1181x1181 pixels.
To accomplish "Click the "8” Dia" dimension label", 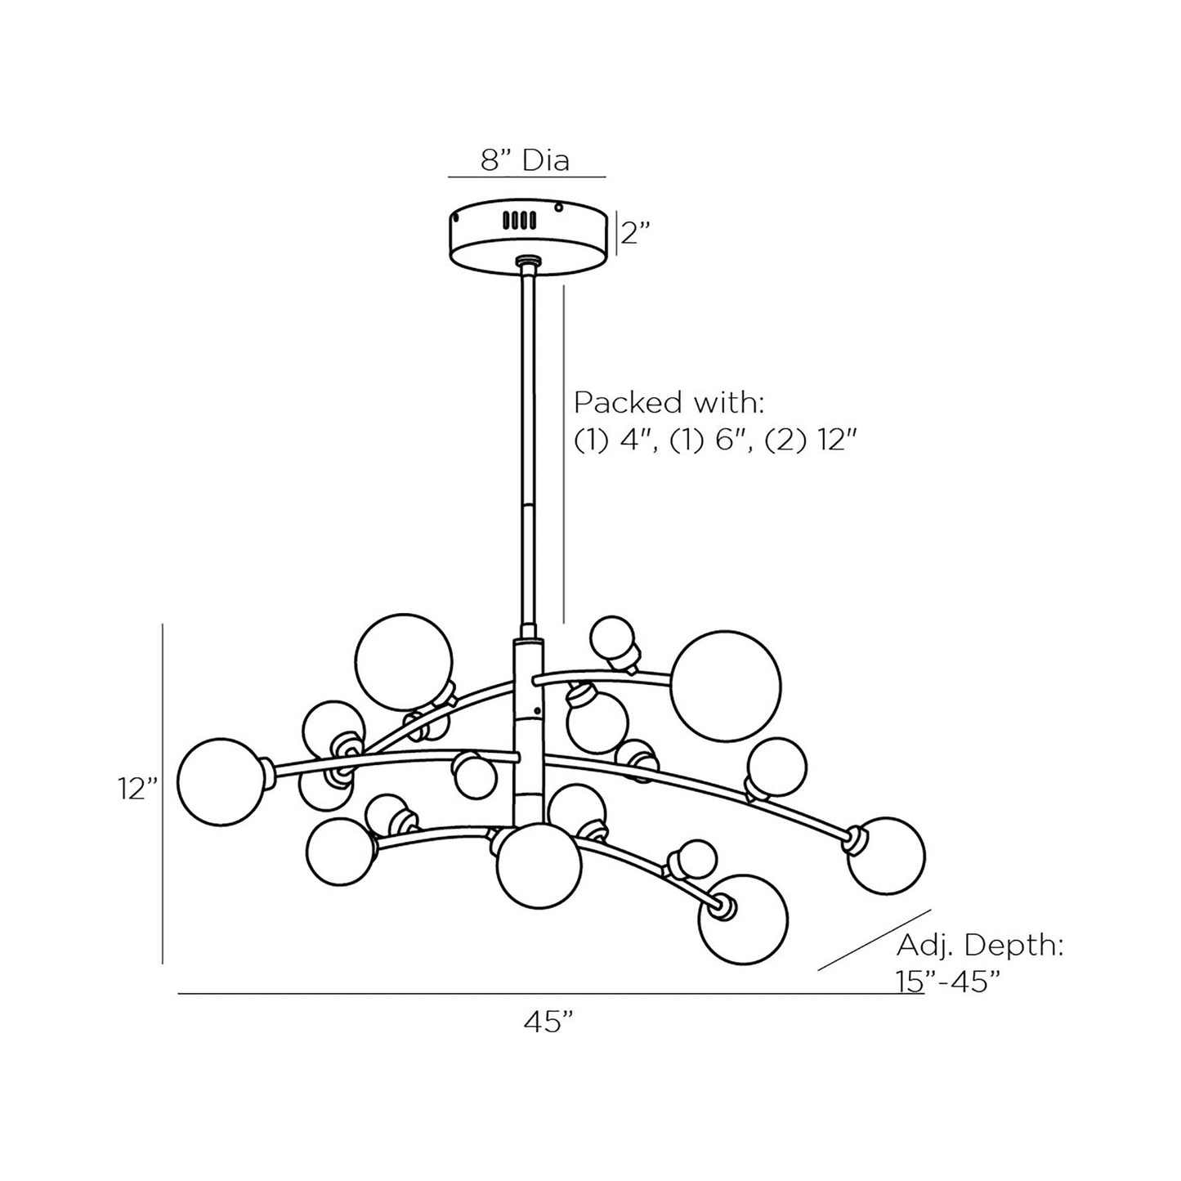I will pyautogui.click(x=525, y=160).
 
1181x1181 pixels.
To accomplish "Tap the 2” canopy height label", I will pyautogui.click(x=634, y=234).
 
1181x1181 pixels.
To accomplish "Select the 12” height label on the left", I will pyautogui.click(x=136, y=789).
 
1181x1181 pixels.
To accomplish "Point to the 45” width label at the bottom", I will pyautogui.click(x=548, y=1021).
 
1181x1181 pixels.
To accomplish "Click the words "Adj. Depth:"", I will pyautogui.click(x=980, y=946).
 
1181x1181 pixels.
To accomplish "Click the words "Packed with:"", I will pyautogui.click(x=668, y=403).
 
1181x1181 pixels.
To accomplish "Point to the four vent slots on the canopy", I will pyautogui.click(x=519, y=220).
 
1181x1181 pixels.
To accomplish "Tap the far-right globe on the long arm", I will pyautogui.click(x=887, y=855).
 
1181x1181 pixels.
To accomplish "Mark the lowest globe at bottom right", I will pyautogui.click(x=743, y=920).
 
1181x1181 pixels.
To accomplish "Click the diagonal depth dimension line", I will pyautogui.click(x=875, y=940).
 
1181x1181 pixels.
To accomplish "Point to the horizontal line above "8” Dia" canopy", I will pyautogui.click(x=526, y=177).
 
